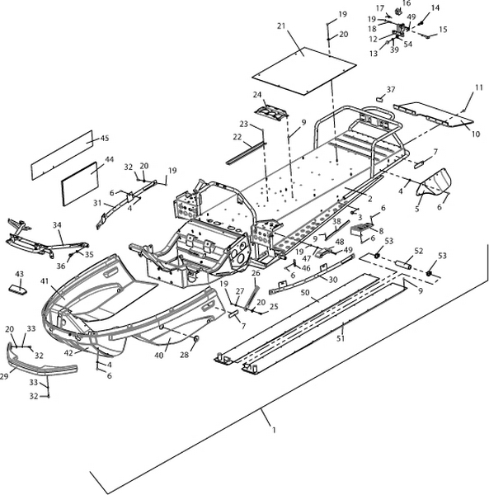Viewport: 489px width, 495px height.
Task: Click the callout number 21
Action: (x=281, y=26)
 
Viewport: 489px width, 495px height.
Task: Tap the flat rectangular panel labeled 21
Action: (x=304, y=71)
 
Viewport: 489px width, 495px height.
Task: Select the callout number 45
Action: (x=105, y=139)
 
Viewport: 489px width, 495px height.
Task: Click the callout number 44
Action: (x=109, y=159)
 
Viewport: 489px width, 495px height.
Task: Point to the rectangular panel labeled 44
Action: (x=80, y=184)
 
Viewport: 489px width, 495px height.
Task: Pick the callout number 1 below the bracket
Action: (x=274, y=430)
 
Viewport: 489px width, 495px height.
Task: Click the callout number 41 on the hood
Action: (x=45, y=280)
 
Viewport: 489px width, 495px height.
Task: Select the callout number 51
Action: (x=340, y=338)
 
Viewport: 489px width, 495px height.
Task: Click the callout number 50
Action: (x=305, y=293)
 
